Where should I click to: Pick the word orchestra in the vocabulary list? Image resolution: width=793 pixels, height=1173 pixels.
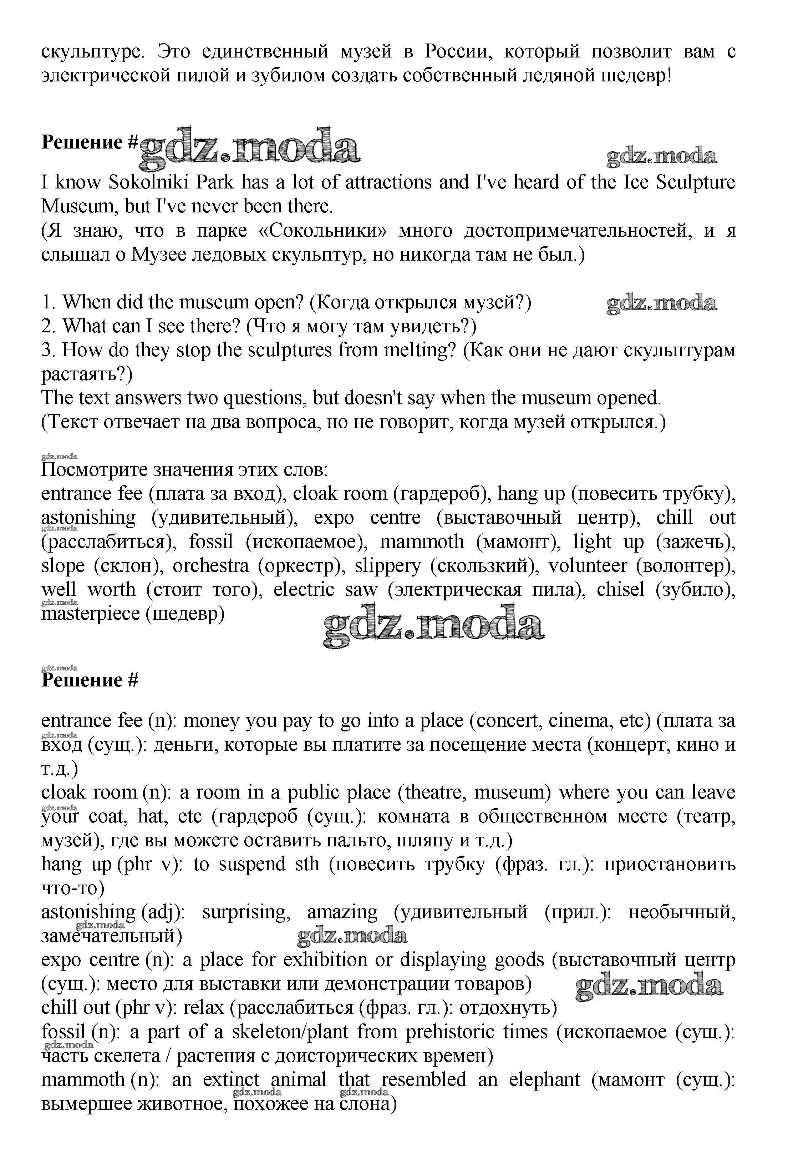click(x=211, y=565)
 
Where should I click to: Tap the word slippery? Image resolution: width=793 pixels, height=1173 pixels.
click(x=387, y=565)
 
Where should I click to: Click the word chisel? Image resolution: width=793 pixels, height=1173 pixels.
click(x=620, y=589)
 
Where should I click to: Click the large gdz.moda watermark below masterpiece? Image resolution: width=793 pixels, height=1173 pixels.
click(x=433, y=626)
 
